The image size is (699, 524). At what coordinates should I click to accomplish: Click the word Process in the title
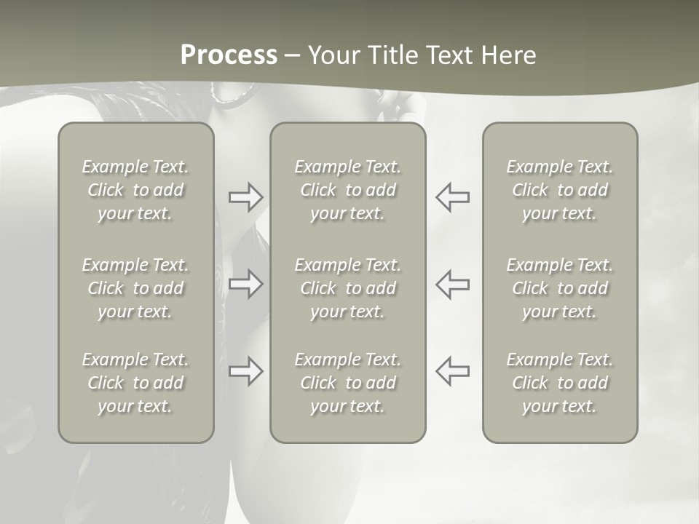[x=229, y=55]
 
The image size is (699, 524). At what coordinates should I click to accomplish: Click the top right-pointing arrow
[x=246, y=197]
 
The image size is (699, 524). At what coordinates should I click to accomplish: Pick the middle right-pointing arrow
[x=246, y=284]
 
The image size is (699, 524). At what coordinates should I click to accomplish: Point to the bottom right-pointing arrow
[x=246, y=371]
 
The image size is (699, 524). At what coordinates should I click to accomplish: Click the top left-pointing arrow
[x=452, y=197]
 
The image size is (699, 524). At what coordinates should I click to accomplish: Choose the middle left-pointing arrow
[x=452, y=284]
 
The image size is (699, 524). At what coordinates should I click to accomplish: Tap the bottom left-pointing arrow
[x=452, y=371]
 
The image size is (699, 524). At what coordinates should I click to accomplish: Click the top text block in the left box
[x=135, y=190]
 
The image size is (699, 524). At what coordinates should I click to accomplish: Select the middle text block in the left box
[x=135, y=288]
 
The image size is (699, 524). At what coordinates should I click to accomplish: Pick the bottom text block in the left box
[x=135, y=383]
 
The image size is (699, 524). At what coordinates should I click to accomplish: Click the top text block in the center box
[x=348, y=190]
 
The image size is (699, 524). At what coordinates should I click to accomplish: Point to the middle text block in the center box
[x=348, y=288]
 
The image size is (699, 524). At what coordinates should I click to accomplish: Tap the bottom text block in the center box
[x=348, y=383]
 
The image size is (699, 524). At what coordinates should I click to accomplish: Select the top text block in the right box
[x=560, y=190]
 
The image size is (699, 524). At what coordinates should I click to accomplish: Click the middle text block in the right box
[x=560, y=288]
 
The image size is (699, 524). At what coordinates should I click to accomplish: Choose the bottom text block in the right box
[x=560, y=383]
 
